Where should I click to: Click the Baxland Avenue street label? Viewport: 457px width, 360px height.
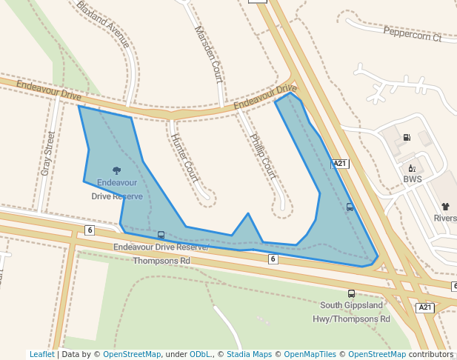[103, 24]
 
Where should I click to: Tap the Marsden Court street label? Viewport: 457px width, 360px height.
[208, 53]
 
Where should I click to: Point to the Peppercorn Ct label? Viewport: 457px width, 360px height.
[412, 33]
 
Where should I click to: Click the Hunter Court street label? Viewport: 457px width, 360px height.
[184, 157]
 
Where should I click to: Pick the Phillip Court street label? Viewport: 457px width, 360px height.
[263, 156]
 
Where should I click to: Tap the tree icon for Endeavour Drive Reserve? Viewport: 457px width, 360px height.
[116, 170]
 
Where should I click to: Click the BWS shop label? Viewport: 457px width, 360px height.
[413, 179]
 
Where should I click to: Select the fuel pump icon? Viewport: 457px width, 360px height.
[407, 137]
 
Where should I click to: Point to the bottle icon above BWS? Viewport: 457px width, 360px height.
[412, 168]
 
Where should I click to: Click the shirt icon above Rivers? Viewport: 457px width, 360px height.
[445, 207]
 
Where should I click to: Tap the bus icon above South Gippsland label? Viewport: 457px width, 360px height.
[351, 293]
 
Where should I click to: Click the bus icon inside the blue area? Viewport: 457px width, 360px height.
[350, 207]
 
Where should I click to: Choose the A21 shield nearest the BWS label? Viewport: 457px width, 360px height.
[340, 164]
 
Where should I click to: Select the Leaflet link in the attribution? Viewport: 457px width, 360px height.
[41, 354]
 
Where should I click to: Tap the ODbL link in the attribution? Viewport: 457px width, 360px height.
[200, 354]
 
